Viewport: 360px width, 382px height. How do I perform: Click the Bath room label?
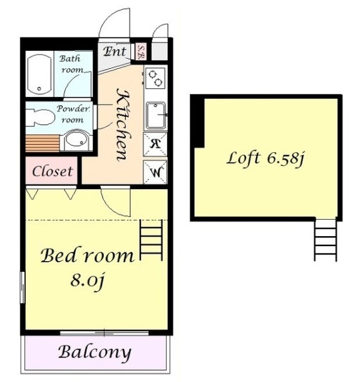click(71, 64)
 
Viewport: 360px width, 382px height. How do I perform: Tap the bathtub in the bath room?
click(39, 74)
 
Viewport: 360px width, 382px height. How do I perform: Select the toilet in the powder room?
click(40, 118)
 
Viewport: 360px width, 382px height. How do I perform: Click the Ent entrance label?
click(115, 51)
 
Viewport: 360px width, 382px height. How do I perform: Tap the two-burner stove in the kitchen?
click(155, 78)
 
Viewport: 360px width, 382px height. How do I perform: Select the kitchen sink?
click(156, 115)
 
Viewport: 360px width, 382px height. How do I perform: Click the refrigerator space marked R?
click(155, 144)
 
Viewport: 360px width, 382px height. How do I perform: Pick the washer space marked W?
click(155, 172)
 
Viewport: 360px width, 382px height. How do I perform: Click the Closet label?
click(52, 171)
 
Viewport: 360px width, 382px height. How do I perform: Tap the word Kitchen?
click(123, 125)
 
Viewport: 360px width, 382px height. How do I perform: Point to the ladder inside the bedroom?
click(151, 240)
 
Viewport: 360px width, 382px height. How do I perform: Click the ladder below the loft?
click(326, 240)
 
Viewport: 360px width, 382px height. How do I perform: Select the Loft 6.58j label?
click(265, 158)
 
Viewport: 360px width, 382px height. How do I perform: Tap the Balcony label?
click(95, 353)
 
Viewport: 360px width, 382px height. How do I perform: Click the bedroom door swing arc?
click(110, 208)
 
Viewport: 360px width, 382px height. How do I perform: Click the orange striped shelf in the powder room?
click(43, 143)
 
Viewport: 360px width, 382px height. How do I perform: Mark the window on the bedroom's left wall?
click(23, 287)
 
